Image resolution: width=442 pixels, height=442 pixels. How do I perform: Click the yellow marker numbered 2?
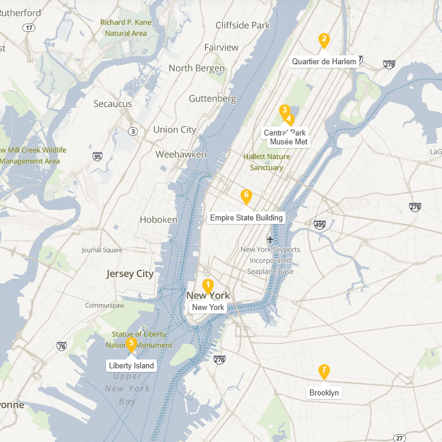coord(324,41)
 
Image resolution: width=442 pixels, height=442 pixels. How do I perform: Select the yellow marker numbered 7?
coord(324,372)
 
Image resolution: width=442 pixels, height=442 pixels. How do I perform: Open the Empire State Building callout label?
coord(246,218)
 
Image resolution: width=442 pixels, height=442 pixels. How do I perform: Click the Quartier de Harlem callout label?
coord(324,62)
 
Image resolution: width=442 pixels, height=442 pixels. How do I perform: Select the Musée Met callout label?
coord(289,142)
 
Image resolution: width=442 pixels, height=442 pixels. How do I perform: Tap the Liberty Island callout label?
coord(131,366)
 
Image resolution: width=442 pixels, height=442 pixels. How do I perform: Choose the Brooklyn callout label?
coord(324,393)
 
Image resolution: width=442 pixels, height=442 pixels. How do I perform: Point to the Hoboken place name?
coord(159,220)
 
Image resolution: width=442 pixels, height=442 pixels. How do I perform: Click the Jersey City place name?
coord(130,274)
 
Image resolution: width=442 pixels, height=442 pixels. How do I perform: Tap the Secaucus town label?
coord(113,104)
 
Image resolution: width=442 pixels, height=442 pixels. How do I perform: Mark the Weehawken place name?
coord(181,154)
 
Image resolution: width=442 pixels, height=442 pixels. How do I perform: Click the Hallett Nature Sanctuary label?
coord(266,162)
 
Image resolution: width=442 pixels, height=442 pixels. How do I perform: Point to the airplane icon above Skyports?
coord(270,239)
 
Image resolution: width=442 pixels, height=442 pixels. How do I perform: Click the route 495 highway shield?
coord(320,225)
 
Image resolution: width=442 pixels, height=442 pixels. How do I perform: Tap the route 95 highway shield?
coord(97,157)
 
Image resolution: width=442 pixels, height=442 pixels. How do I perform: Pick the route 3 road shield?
coord(133,131)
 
